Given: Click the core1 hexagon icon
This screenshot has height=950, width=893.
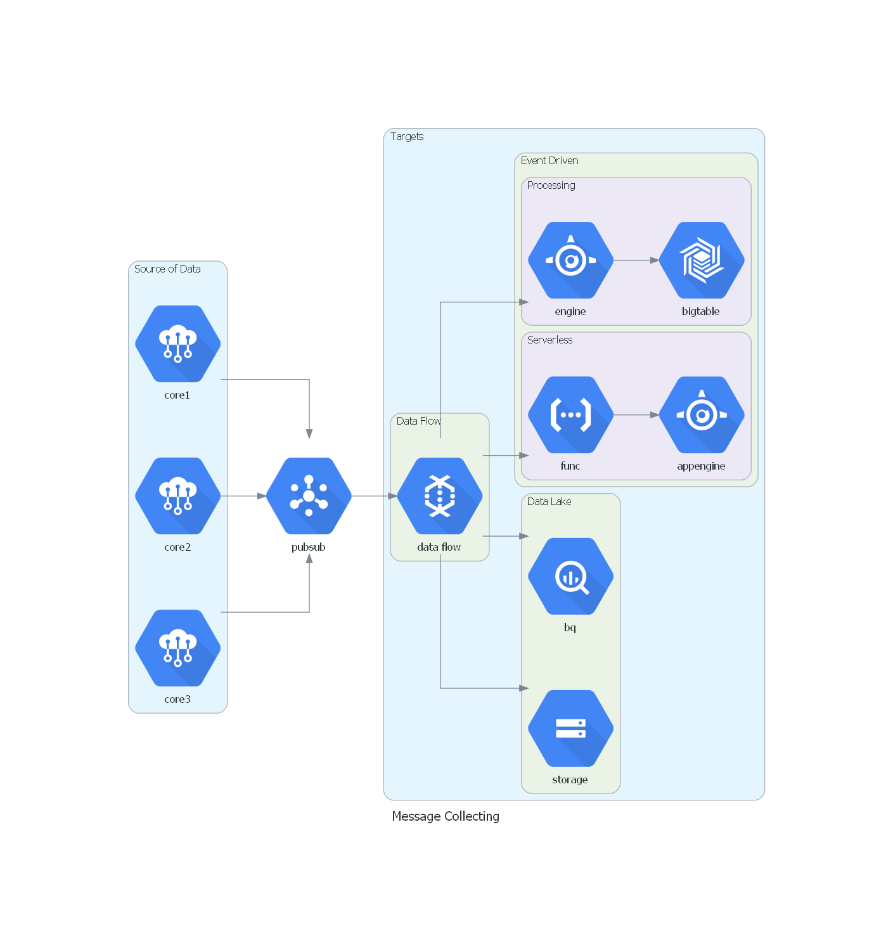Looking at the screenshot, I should tap(177, 343).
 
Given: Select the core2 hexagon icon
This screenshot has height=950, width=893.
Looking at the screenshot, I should tap(177, 496).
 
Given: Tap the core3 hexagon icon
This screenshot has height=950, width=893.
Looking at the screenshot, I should tap(177, 648).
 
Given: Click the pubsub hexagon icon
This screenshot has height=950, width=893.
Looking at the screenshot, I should tap(309, 496).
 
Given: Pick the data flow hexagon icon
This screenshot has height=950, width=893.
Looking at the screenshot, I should tap(440, 496).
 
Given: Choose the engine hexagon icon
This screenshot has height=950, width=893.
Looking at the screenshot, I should tap(570, 260).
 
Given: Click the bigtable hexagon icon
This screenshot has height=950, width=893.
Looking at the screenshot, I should tap(702, 260).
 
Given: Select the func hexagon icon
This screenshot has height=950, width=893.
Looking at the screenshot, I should tap(570, 414).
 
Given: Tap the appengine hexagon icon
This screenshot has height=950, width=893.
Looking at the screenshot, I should tap(702, 414).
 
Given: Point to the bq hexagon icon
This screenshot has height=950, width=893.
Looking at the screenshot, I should tap(570, 576).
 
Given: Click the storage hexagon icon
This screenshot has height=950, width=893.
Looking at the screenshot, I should tap(570, 728).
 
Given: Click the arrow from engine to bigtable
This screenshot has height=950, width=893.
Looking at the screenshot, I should tap(636, 260).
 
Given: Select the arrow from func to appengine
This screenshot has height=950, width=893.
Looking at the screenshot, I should tap(636, 415).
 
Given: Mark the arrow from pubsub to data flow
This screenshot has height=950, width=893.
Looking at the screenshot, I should tap(374, 496).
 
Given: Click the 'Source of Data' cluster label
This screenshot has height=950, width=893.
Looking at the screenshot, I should tap(167, 269).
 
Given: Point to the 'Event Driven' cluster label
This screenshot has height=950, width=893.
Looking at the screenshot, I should tap(549, 161).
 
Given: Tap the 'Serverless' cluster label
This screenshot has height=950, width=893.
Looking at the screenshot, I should tap(549, 340).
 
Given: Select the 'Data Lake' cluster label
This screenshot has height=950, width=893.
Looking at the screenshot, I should tap(549, 502).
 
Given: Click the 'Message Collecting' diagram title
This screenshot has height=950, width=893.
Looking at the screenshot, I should tap(446, 816).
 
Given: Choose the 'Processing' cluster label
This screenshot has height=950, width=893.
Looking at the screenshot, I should tap(551, 186).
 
